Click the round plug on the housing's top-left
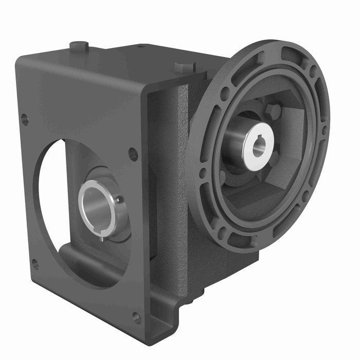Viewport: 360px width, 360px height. (79, 46)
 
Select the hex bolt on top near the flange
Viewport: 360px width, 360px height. (184, 67)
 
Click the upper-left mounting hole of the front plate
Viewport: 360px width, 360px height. (24, 120)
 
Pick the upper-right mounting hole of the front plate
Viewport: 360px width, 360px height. (133, 154)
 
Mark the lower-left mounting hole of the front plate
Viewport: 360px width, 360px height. (35, 264)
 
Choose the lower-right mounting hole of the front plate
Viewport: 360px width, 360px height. (137, 318)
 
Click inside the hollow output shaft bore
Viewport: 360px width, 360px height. (98, 208)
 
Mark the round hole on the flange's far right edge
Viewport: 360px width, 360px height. (323, 131)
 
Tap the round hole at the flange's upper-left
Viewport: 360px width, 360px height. (225, 95)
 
